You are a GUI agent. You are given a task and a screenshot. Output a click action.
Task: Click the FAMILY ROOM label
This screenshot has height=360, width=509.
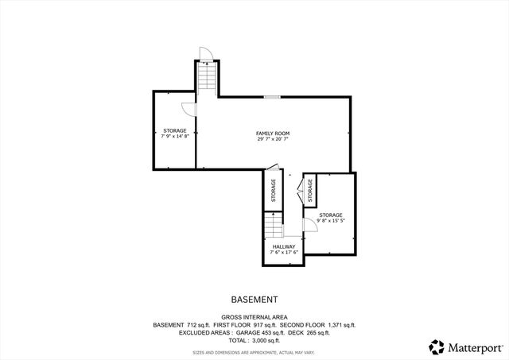[272, 132]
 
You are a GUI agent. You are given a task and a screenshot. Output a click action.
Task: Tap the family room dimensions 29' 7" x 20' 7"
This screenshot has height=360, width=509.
[272, 139]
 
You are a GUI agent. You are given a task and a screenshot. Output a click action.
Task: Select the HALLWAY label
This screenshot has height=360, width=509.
[284, 246]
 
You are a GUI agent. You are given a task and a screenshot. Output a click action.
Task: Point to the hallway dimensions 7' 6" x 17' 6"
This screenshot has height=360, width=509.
[284, 254]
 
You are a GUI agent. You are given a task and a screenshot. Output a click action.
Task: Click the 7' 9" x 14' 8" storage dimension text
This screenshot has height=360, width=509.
[175, 137]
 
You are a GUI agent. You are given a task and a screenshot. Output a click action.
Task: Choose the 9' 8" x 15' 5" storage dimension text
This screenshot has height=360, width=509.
[331, 222]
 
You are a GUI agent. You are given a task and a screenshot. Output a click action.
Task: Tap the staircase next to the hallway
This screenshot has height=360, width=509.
[274, 227]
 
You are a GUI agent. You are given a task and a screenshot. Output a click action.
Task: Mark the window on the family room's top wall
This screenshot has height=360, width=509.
[272, 97]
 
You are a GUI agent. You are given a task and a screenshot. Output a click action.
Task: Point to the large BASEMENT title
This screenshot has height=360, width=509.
[254, 300]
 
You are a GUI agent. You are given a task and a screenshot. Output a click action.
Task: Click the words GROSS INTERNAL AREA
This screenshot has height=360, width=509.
[254, 316]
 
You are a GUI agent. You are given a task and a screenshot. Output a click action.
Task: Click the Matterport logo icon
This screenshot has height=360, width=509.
[437, 346]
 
